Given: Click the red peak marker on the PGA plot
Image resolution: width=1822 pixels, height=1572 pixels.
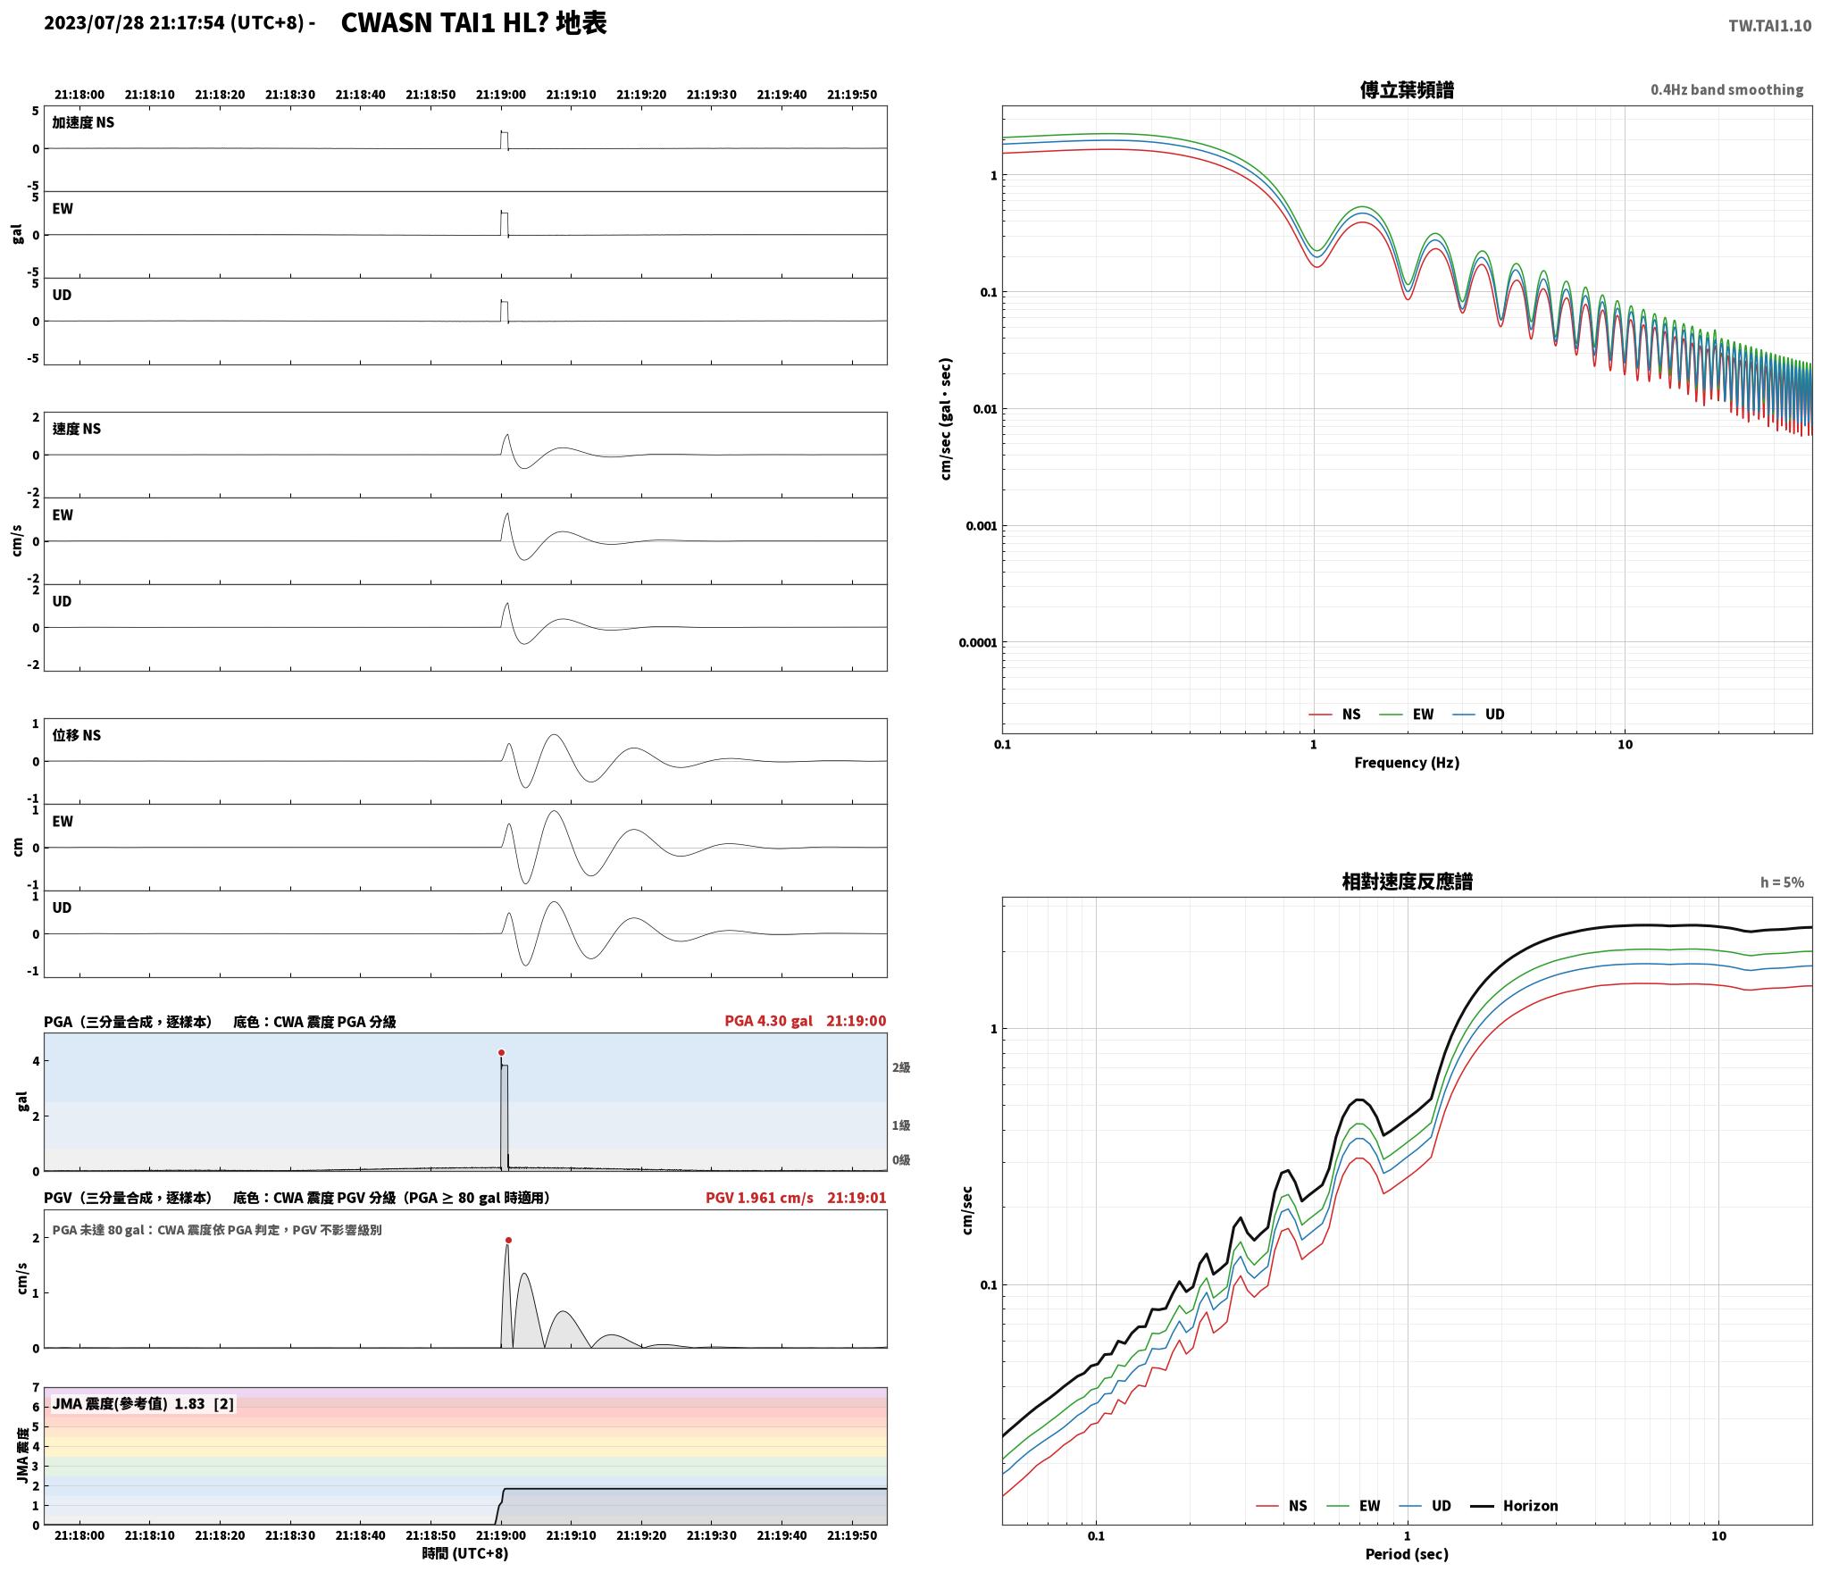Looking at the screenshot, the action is point(501,1053).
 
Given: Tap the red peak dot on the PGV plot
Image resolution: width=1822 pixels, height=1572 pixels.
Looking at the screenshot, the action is point(508,1241).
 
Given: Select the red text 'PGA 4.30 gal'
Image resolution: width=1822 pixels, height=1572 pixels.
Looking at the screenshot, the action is point(768,1021).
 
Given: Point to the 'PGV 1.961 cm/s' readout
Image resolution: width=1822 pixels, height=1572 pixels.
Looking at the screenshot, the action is point(759,1198).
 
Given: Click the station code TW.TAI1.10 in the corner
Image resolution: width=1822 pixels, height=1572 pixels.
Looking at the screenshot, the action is point(1769,26).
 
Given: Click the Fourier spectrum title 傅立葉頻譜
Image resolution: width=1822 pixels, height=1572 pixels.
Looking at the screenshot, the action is point(1407,90).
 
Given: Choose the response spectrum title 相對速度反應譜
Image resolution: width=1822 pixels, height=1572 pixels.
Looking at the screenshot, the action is point(1407,882).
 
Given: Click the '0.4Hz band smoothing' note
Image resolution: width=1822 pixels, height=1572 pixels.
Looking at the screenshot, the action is point(1726,90).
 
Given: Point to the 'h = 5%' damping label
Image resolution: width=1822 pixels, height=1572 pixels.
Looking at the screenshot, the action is point(1782,882).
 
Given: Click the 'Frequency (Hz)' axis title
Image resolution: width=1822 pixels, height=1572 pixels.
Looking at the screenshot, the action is point(1407,763).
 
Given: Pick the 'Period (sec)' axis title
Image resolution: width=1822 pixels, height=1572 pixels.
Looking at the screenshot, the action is point(1407,1554).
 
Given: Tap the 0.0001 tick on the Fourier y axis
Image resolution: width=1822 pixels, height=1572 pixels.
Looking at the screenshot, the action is point(978,643).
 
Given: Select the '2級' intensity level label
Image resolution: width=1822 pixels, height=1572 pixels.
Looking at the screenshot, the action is point(900,1067).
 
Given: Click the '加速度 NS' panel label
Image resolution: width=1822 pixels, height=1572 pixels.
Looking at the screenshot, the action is point(83,122).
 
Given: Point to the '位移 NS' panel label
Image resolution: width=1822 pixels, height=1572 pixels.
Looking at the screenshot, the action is point(77,735).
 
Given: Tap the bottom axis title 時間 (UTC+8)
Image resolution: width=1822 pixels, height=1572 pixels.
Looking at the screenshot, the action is point(465,1553).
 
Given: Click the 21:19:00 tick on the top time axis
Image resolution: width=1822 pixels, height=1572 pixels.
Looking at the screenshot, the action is point(501,95).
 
